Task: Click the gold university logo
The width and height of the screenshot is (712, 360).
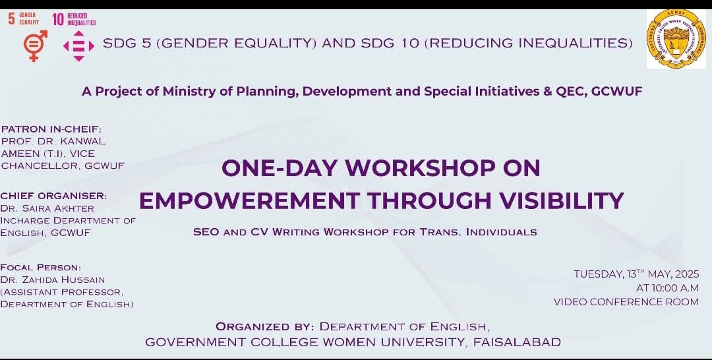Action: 676,39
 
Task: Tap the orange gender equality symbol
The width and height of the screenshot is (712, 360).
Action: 35,45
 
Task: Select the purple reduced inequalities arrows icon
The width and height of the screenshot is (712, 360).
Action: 78,46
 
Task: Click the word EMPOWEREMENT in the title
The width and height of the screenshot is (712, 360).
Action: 249,200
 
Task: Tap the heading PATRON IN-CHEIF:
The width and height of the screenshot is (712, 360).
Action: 51,129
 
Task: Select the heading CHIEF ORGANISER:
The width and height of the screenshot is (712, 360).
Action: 53,196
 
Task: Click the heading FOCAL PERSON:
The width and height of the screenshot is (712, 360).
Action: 41,268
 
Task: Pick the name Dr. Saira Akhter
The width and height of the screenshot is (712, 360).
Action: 47,209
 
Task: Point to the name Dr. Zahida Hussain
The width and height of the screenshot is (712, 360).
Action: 53,280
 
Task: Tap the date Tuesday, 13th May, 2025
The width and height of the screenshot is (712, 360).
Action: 636,274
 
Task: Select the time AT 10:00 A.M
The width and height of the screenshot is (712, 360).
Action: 667,288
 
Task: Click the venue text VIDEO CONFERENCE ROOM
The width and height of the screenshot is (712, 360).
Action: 626,302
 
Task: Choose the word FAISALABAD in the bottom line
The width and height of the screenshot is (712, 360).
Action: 517,342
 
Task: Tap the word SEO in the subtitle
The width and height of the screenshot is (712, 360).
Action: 206,232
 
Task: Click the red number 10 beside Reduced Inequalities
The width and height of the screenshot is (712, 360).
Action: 58,19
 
